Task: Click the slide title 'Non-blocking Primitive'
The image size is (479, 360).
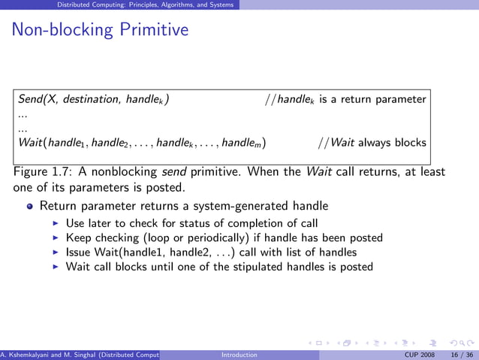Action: tap(100, 31)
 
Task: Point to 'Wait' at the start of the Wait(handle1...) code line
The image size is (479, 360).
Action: tap(30, 143)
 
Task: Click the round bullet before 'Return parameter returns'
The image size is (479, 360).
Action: tap(29, 206)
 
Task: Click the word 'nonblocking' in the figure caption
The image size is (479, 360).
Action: tap(119, 171)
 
